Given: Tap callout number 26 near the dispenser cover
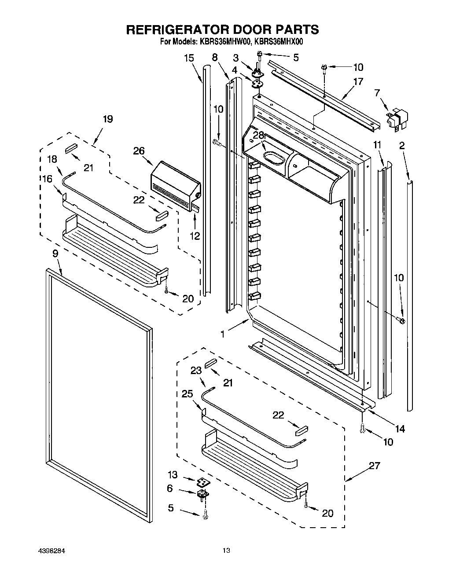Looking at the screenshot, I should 139,151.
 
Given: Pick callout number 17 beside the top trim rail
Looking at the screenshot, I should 358,81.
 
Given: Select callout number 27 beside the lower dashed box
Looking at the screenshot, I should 375,465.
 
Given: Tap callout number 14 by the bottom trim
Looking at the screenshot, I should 400,428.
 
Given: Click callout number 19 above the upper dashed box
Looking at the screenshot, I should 107,119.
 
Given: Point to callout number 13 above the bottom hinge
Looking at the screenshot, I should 173,475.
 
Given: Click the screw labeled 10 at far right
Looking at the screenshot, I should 401,319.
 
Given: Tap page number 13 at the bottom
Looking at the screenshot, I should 226,551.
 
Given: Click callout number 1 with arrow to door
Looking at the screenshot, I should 223,334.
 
